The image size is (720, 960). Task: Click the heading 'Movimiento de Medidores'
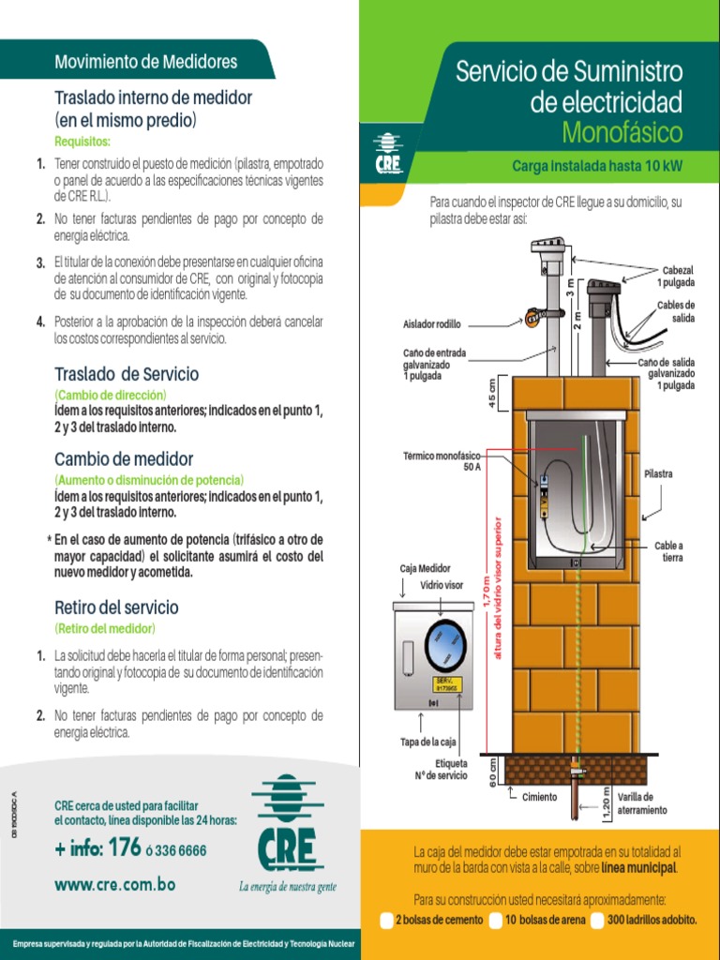click(145, 63)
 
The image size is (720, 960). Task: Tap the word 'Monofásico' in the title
click(622, 133)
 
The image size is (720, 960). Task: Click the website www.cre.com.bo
click(114, 884)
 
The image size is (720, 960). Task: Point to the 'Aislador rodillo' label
click(432, 323)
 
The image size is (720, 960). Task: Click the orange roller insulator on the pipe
click(532, 317)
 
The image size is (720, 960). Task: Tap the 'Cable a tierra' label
click(668, 551)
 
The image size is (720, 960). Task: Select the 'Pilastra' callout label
click(658, 473)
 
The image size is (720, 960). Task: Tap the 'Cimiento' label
click(539, 797)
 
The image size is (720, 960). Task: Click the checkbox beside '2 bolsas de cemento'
click(387, 921)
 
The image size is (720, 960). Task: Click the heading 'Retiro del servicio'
click(116, 607)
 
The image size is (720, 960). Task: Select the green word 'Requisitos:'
click(82, 142)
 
